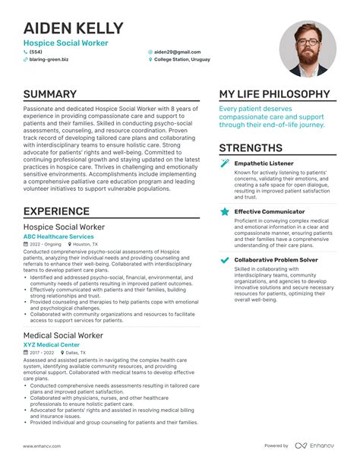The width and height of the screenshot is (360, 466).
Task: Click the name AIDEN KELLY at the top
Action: point(73,29)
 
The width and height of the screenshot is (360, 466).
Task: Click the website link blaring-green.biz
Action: point(49,59)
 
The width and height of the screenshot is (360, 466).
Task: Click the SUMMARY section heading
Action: point(49,94)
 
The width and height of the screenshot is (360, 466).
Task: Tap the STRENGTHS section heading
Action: point(251,147)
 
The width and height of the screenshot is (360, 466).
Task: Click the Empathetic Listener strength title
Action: point(264,163)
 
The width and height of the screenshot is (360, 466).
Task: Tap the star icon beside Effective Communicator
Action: point(224,211)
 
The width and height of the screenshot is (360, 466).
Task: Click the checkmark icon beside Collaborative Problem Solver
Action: point(224,260)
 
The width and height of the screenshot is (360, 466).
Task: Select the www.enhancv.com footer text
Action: point(43,445)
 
